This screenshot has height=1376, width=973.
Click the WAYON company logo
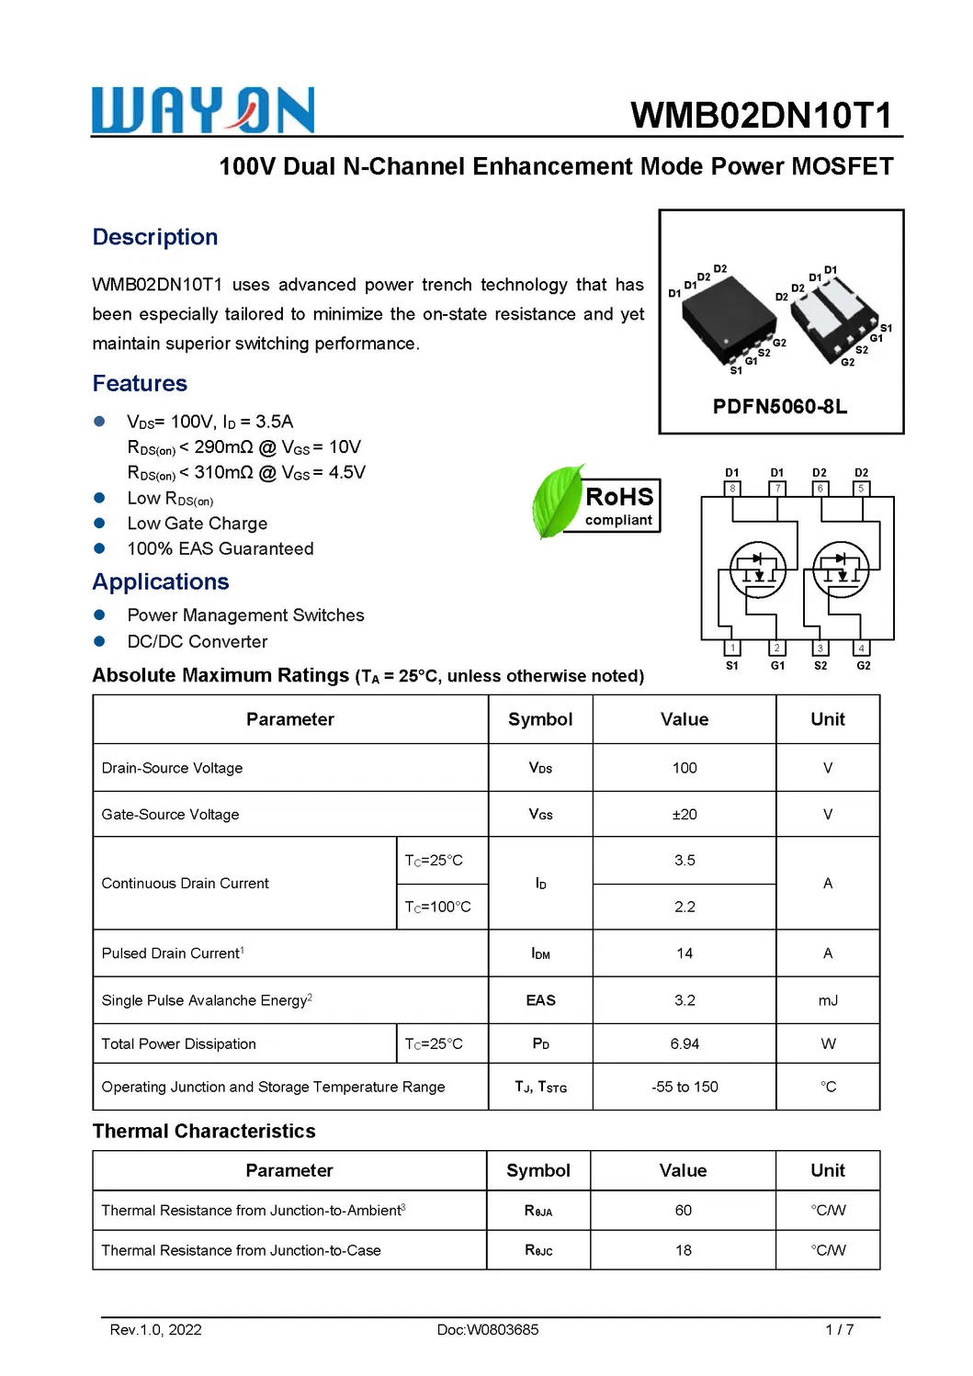tap(203, 111)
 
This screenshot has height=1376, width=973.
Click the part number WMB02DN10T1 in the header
tap(761, 116)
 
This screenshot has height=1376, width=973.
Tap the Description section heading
tap(155, 237)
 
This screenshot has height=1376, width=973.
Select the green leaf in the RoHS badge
tap(556, 502)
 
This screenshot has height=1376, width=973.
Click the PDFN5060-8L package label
tap(779, 407)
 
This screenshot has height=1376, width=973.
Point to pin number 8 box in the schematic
tap(732, 489)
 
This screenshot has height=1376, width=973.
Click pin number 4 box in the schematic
tap(861, 649)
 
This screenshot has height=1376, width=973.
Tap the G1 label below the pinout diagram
tap(777, 665)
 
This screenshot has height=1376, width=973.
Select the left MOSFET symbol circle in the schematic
tap(757, 570)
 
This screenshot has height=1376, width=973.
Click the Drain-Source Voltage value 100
tap(684, 768)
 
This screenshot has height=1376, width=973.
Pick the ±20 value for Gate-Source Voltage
tap(684, 815)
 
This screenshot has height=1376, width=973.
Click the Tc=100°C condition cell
tap(438, 907)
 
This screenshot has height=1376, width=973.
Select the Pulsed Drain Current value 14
tap(684, 953)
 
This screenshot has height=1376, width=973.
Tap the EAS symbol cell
tap(540, 1000)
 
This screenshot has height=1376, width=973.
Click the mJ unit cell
tap(828, 1000)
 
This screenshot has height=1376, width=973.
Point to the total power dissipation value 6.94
tap(684, 1044)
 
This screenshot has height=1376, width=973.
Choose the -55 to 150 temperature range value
tap(684, 1087)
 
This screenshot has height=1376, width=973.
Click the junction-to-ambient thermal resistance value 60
tap(684, 1211)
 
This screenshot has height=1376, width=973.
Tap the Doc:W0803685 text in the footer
tap(488, 1329)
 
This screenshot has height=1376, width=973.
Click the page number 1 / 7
tap(839, 1329)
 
